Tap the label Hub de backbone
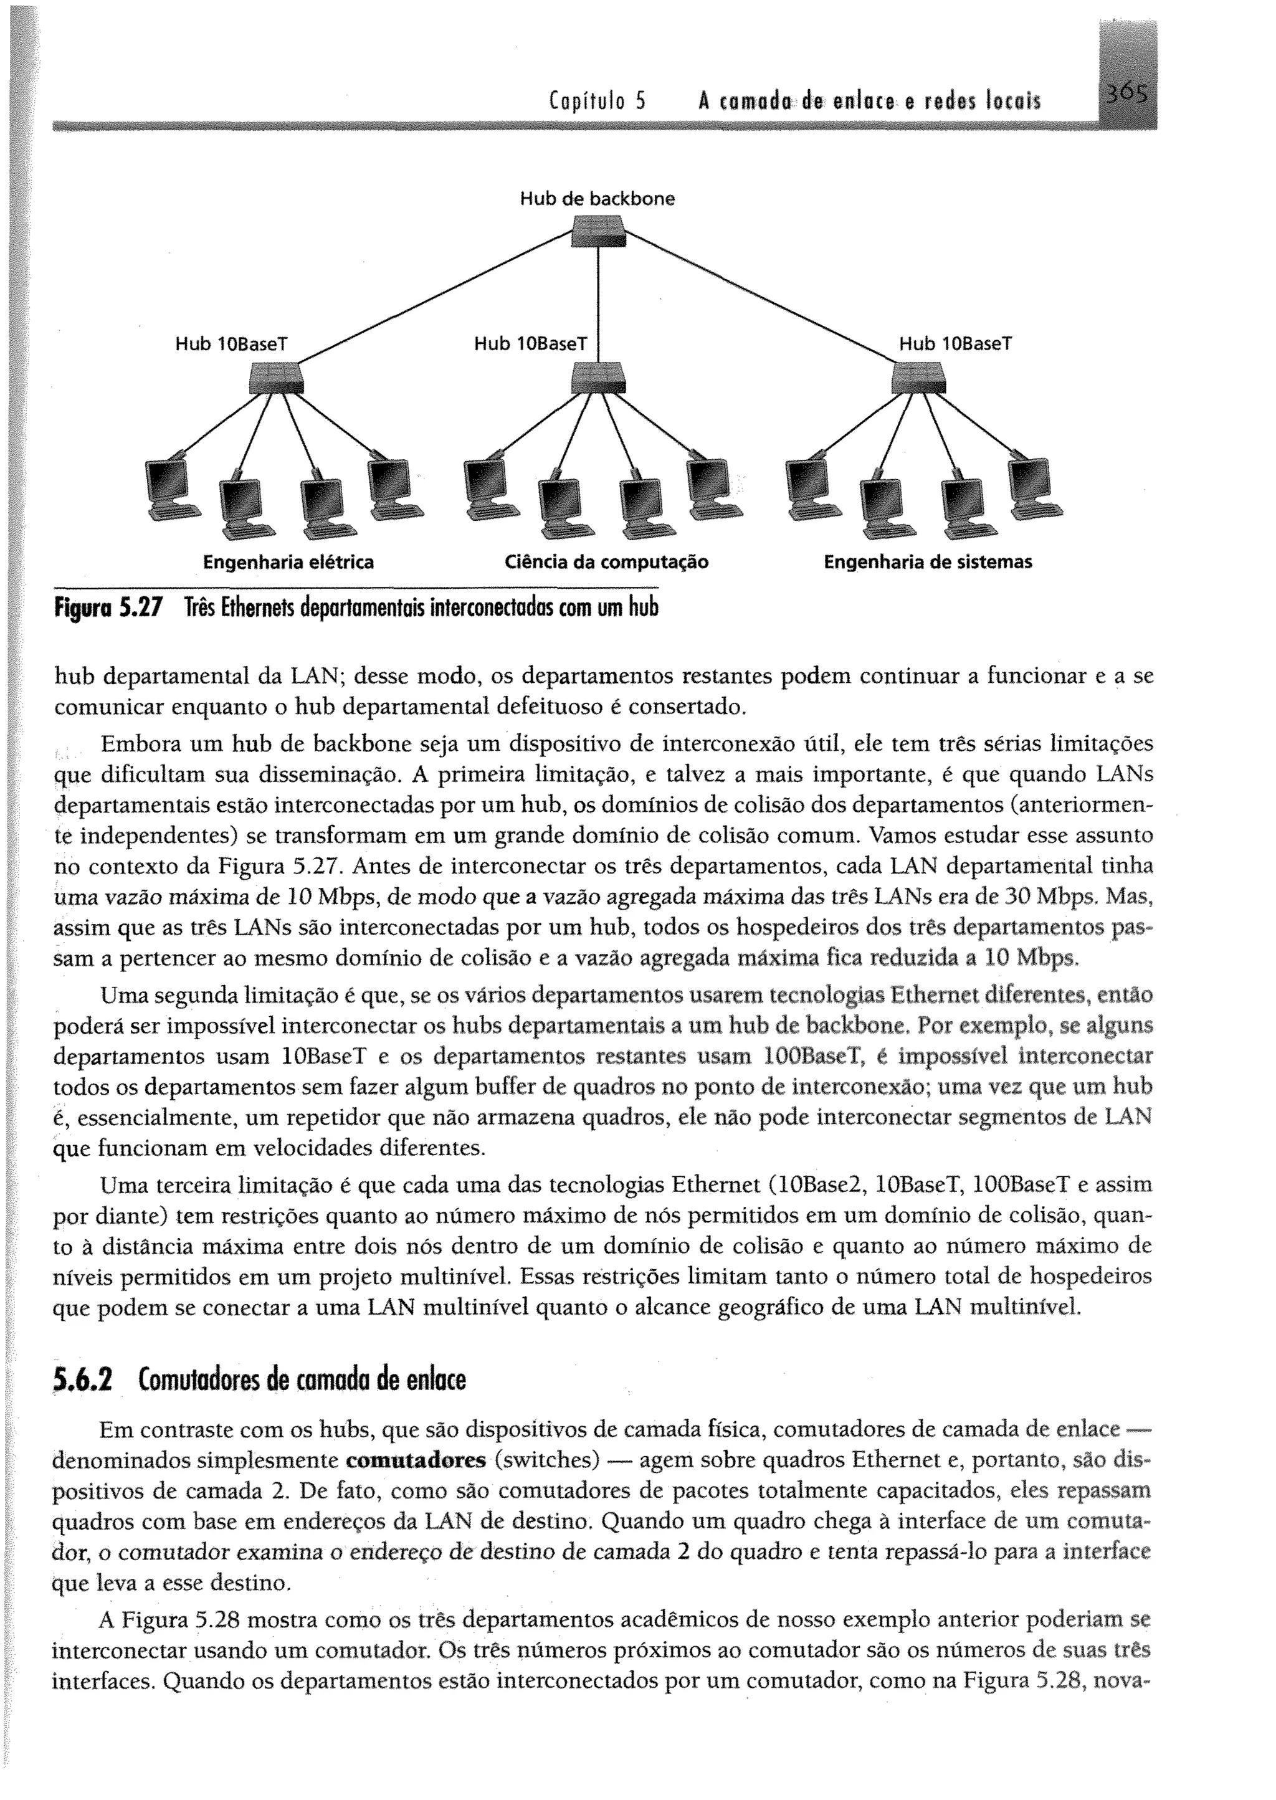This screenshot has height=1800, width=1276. point(597,199)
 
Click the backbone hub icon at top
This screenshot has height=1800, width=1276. point(599,232)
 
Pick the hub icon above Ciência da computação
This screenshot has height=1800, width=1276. point(599,378)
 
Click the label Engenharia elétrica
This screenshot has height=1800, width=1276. point(288,563)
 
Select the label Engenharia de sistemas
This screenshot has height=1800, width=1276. point(927,563)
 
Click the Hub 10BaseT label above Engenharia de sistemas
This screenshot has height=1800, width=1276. point(955,344)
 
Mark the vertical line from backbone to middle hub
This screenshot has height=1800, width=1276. point(599,307)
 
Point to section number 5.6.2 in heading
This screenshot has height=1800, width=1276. point(82,1379)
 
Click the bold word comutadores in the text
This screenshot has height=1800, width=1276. point(416,1460)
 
